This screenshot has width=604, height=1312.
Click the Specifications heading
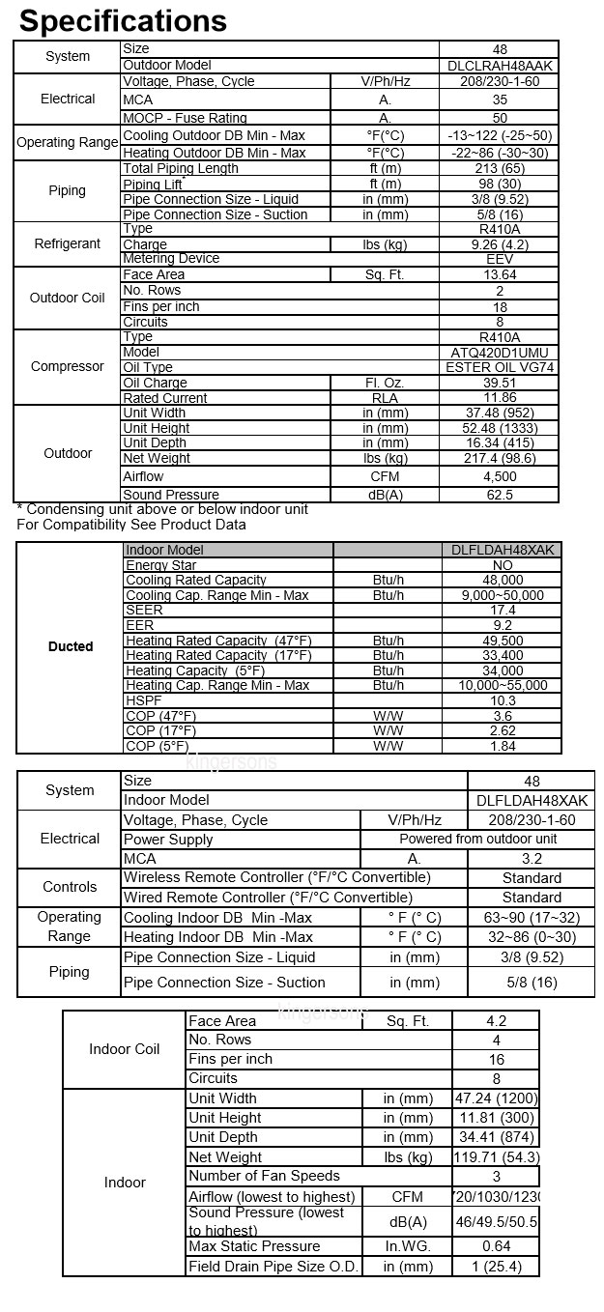click(123, 20)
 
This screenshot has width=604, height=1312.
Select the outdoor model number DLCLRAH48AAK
click(500, 65)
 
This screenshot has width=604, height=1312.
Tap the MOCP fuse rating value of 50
click(500, 118)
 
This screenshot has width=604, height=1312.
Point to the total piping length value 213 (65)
click(500, 169)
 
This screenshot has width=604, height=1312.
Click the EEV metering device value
click(500, 259)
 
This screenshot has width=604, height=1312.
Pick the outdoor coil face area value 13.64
click(500, 275)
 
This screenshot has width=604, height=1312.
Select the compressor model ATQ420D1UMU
click(500, 353)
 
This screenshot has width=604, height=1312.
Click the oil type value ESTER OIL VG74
click(500, 368)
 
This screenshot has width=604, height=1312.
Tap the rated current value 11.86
click(500, 398)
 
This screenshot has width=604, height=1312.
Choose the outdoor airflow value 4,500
click(500, 476)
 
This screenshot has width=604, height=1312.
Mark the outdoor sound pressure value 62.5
click(500, 495)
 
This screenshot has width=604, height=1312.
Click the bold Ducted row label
click(71, 646)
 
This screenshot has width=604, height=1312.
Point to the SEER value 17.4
click(503, 611)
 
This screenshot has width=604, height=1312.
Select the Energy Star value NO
click(503, 565)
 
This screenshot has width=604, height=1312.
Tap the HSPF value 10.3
click(503, 700)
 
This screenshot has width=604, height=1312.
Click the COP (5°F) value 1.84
click(503, 746)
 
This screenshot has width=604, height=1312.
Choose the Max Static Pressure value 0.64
click(496, 1246)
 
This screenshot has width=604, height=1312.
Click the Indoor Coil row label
click(125, 1049)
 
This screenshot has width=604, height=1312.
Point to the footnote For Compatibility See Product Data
click(131, 525)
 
